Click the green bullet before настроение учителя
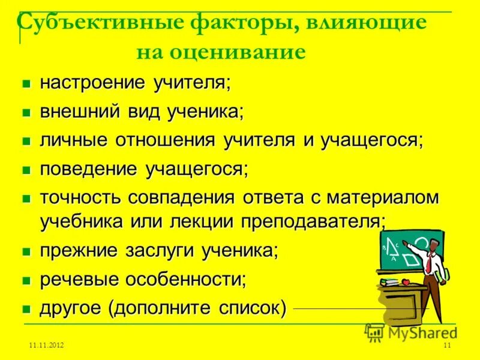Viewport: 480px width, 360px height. (x=26, y=83)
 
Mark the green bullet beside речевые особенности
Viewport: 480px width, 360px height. (x=26, y=280)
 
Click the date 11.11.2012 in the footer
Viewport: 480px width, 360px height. (x=47, y=346)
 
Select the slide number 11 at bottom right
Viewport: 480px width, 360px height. (x=446, y=346)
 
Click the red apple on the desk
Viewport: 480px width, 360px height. (x=405, y=281)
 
